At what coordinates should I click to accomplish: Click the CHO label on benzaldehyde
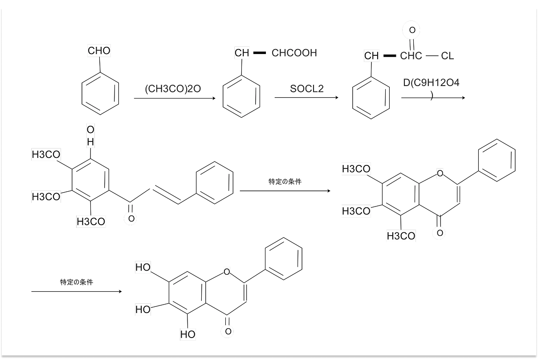click(x=99, y=51)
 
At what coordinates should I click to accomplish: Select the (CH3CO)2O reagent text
click(x=173, y=89)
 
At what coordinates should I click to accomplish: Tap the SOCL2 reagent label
click(x=307, y=89)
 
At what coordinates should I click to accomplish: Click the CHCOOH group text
click(x=294, y=54)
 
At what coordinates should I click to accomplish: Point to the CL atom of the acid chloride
click(x=447, y=56)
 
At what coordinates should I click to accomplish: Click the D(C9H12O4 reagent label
click(x=431, y=83)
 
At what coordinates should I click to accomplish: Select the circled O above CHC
click(x=412, y=30)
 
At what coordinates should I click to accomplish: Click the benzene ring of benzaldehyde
click(x=100, y=95)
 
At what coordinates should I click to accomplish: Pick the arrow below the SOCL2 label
click(x=306, y=98)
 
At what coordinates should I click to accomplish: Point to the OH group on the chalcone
click(x=90, y=136)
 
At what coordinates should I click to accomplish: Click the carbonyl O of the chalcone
click(x=131, y=219)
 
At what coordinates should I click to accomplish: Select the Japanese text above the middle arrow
click(x=285, y=181)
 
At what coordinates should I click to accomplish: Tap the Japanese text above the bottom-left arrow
click(x=77, y=282)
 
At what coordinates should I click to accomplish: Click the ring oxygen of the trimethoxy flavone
click(x=440, y=173)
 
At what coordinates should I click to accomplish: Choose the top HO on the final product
click(x=143, y=268)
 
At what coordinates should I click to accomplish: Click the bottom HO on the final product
click(x=188, y=334)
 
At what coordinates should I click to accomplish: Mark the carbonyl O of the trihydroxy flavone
click(x=228, y=331)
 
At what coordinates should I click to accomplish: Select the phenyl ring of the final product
click(x=283, y=259)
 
